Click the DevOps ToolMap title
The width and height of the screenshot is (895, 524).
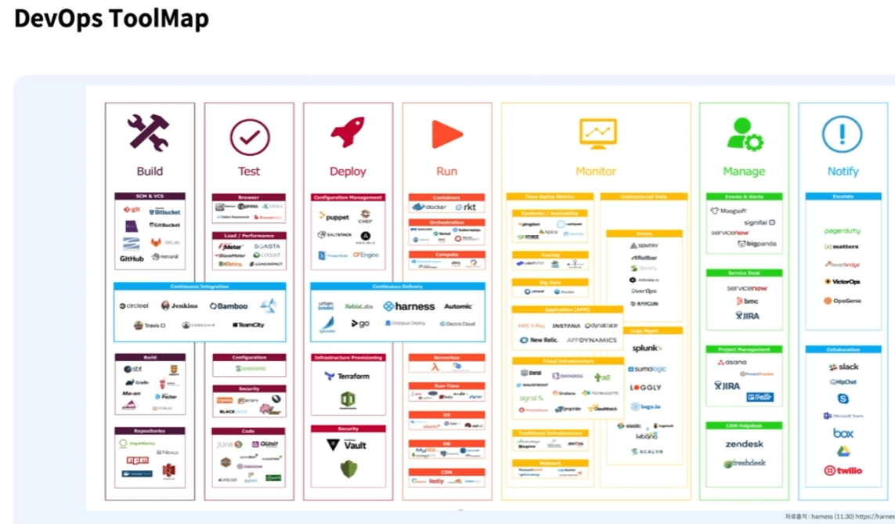[111, 18]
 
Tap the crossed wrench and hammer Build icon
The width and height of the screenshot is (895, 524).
[149, 133]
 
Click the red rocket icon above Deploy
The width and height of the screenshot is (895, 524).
[347, 132]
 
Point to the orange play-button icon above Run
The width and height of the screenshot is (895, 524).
[447, 134]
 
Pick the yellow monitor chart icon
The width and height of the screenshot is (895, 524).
[597, 134]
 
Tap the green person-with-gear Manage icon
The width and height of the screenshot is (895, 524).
[744, 134]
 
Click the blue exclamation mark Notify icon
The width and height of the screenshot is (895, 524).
[842, 134]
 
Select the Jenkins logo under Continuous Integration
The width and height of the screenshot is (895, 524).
[179, 305]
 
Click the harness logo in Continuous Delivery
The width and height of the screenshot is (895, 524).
[409, 306]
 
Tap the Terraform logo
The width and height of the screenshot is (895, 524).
[347, 376]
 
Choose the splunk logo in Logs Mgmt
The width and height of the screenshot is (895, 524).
[647, 348]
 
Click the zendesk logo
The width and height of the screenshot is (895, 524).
[744, 444]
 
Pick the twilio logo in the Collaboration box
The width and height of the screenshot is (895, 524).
[843, 471]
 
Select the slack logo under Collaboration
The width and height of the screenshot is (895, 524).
[843, 367]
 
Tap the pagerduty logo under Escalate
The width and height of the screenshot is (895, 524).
[842, 231]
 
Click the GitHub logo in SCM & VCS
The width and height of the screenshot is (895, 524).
[132, 258]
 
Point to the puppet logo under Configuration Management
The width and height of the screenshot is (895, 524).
[334, 217]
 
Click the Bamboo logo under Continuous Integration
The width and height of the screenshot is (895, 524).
[228, 305]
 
